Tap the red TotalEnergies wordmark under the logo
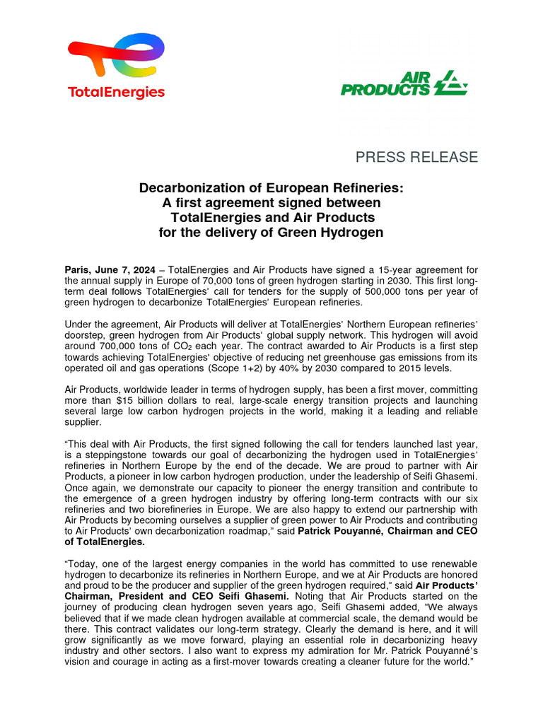[116, 93]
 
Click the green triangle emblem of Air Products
[450, 83]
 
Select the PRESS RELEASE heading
[416, 157]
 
